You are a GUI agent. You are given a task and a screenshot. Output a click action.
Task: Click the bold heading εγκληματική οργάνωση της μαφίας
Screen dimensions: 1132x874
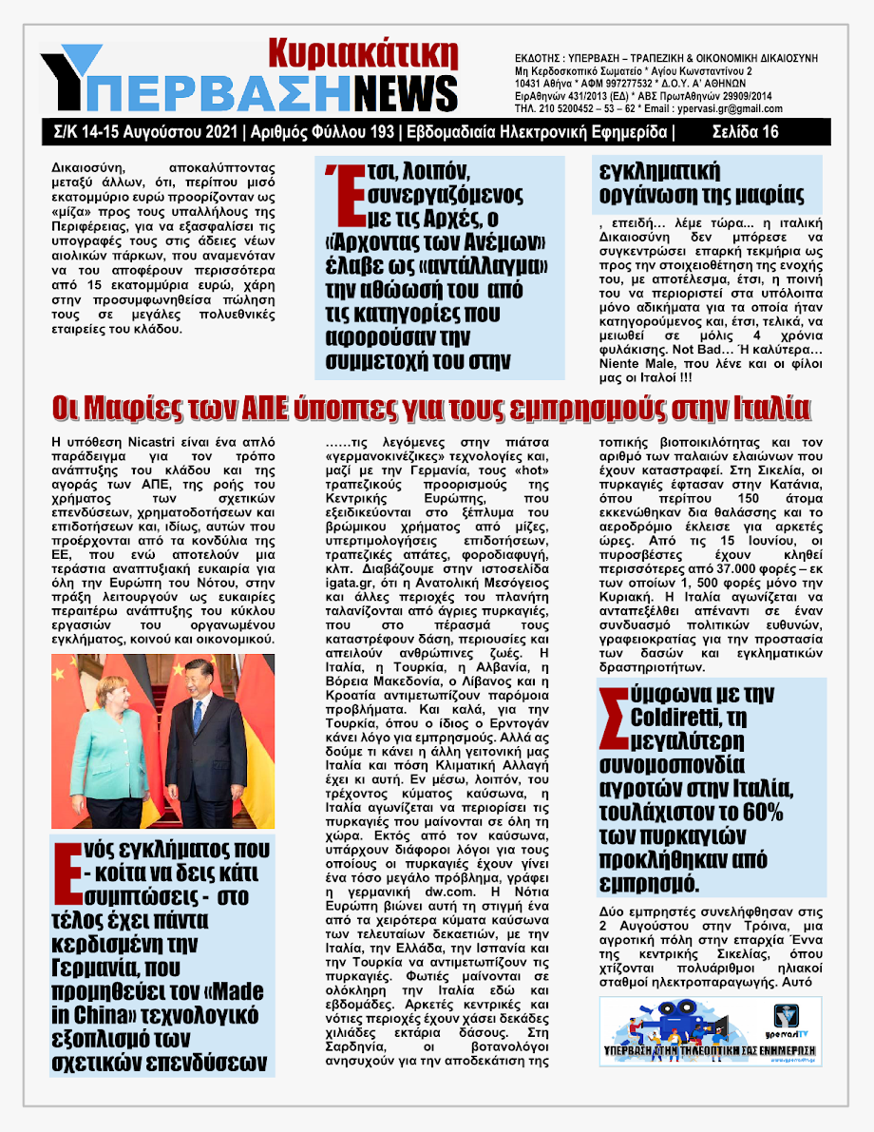point(703,184)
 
